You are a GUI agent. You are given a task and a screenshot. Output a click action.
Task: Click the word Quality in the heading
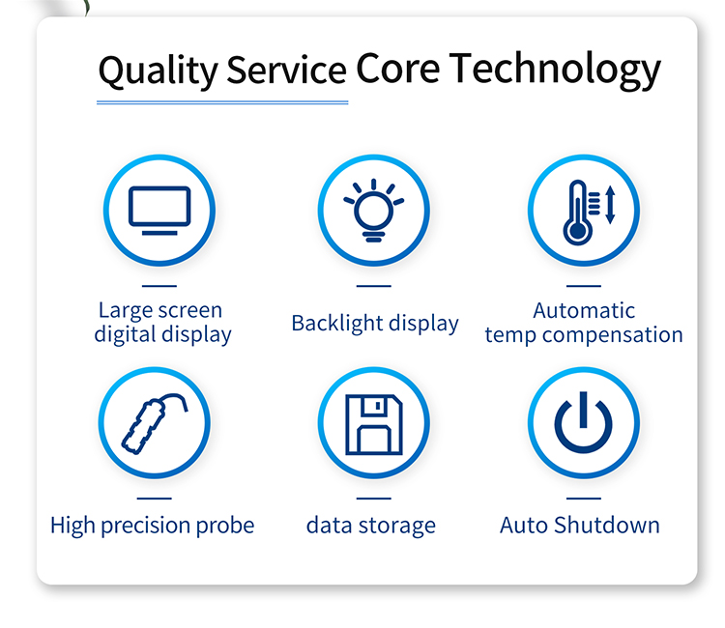pos(158,71)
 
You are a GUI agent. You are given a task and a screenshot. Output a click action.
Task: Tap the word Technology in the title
pos(555,70)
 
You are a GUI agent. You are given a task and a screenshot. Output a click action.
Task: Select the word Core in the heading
pos(397,69)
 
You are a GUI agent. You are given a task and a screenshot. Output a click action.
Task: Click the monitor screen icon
pos(159,211)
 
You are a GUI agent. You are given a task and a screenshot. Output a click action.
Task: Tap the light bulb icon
pos(373,211)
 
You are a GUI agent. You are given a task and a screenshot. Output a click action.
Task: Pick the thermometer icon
pos(577,213)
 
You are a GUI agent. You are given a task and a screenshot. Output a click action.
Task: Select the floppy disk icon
pos(374,425)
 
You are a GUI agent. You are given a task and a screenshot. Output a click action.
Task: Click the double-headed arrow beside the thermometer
pos(610,205)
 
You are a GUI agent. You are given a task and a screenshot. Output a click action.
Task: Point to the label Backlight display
pos(375,324)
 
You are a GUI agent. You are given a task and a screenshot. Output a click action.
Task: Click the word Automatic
pos(584,310)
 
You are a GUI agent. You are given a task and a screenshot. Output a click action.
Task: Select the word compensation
pos(613,335)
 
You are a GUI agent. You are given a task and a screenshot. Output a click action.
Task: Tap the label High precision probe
pos(152,526)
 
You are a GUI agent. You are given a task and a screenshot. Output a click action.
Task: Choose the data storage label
pos(371,526)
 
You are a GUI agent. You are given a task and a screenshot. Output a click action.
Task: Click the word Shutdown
pos(607,525)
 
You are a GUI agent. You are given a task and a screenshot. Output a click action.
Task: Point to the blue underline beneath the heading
pos(222,102)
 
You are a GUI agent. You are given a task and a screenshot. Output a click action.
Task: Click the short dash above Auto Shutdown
pos(584,499)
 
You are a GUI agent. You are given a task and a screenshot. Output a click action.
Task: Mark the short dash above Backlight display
pos(373,286)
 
